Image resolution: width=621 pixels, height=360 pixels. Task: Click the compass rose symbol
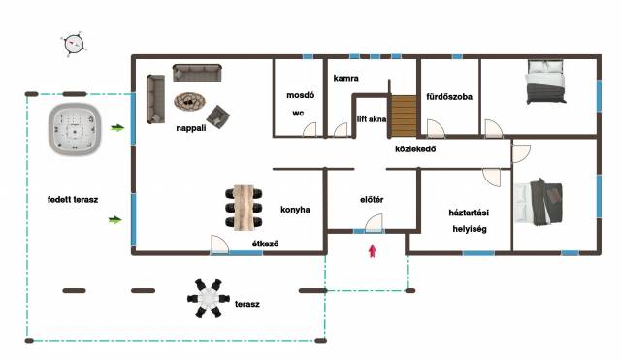point(74,44)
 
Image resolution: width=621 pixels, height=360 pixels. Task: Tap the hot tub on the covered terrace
point(75,129)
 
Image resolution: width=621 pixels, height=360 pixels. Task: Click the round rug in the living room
point(190,102)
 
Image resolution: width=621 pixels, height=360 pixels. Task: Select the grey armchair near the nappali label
point(217,116)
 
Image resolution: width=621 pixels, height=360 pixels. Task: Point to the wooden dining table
point(244,207)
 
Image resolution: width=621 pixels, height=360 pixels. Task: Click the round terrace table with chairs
point(209,298)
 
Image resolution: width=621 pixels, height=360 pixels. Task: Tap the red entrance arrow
point(373,251)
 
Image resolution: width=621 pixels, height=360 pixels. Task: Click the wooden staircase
point(404,116)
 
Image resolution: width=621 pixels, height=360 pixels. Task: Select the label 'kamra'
point(345,78)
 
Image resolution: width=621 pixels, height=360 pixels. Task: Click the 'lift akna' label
point(372,118)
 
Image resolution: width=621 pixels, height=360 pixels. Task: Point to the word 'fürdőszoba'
point(449,97)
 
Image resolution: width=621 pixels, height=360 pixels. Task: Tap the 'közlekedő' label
point(415,148)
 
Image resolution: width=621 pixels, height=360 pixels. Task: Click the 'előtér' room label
point(372,200)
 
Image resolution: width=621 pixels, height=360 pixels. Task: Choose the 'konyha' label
point(295,210)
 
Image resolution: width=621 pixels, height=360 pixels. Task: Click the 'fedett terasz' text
point(73,199)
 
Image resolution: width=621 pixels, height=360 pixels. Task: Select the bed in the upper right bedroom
point(545,82)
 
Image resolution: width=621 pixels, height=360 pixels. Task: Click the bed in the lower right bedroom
point(539,202)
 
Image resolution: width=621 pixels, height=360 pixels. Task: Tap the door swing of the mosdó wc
point(310,130)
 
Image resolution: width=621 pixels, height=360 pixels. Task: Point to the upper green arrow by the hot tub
point(117,127)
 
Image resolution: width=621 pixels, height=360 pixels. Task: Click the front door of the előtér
point(374,223)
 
